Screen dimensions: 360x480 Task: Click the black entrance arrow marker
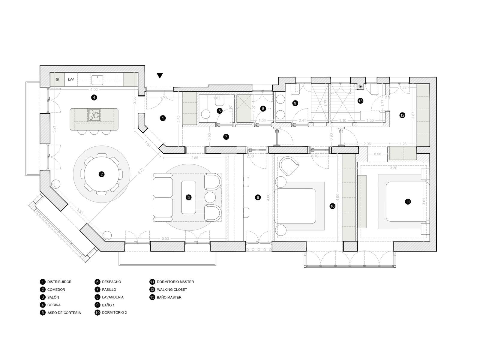[160, 76]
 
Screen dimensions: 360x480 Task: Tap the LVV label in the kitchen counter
[71, 79]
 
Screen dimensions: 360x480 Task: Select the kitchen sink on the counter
[97, 79]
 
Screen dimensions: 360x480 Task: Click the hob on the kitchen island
[94, 114]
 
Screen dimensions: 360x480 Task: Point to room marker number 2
[102, 174]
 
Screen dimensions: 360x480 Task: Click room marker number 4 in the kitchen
[94, 97]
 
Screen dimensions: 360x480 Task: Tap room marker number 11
[408, 202]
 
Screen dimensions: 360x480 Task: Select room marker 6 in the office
[258, 197]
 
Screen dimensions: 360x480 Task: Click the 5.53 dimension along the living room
[165, 238]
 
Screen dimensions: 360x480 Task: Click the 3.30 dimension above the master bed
[393, 168]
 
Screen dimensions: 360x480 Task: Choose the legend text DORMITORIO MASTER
[175, 282]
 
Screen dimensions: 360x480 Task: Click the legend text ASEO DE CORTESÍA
[64, 313]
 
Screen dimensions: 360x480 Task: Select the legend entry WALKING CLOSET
[172, 290]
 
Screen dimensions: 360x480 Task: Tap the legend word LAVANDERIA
[112, 297]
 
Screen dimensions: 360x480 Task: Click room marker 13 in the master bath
[360, 101]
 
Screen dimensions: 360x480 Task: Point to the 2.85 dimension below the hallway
[195, 158]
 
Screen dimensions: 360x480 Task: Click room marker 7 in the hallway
[226, 137]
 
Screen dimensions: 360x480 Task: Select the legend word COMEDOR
[56, 290]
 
